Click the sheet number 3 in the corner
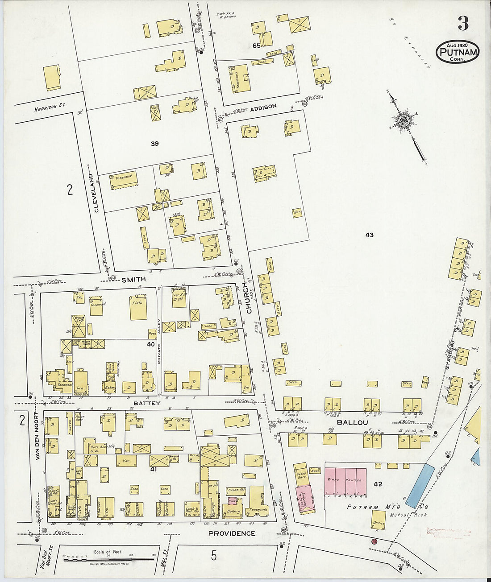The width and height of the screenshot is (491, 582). coord(463,23)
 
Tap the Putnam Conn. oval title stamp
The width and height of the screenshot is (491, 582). coord(457,52)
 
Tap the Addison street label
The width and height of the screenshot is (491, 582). coord(263,107)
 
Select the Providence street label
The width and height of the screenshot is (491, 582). coord(232,533)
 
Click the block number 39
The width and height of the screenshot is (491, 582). coord(154,144)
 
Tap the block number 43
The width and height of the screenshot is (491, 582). coord(369,235)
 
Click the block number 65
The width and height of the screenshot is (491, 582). coord(256,45)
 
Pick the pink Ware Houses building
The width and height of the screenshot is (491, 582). coord(345,482)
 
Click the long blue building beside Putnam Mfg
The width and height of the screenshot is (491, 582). coord(420,486)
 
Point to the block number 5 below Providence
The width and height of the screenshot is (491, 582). coord(214,555)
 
